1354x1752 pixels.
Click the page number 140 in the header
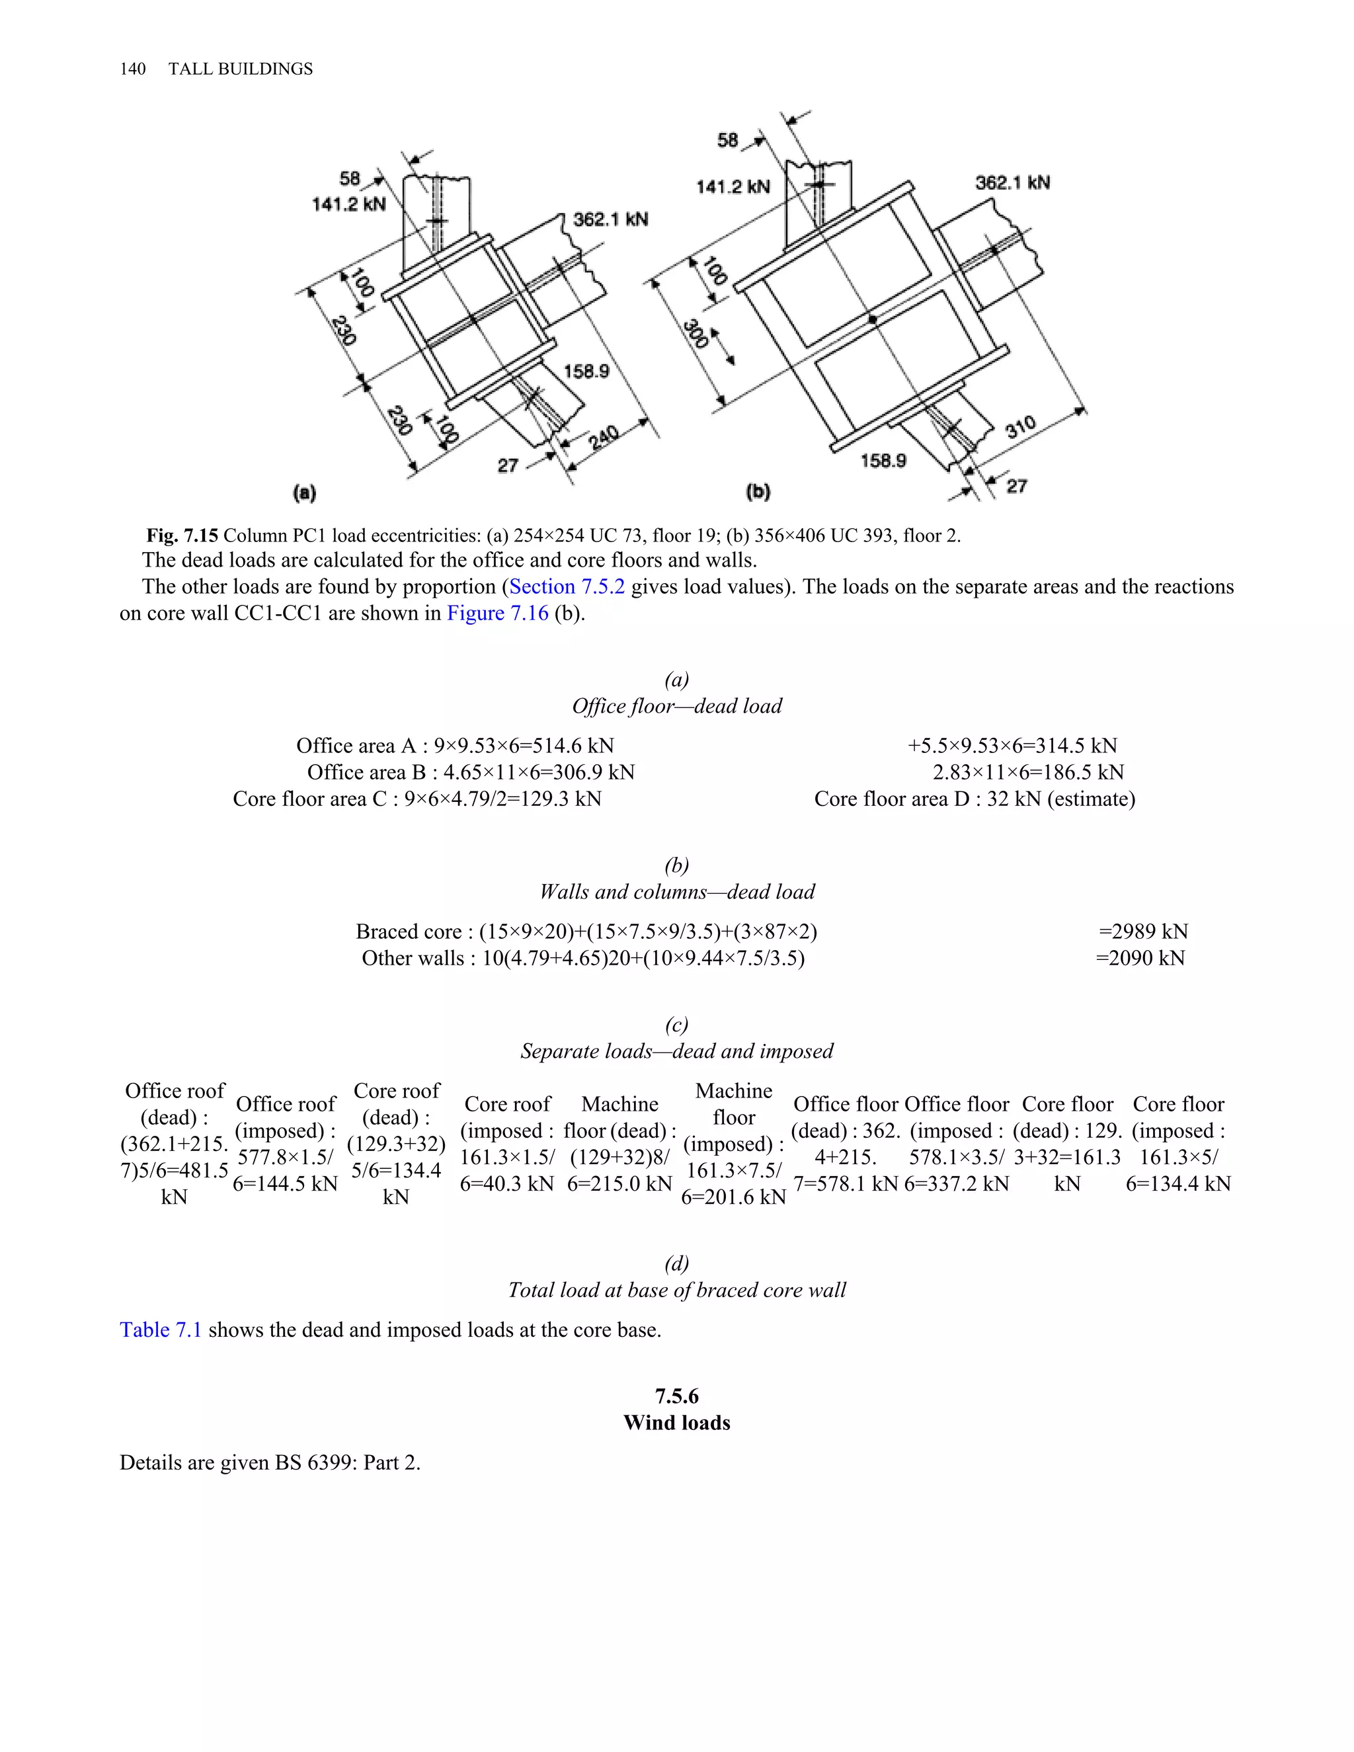132,69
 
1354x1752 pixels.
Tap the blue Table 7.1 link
161,1330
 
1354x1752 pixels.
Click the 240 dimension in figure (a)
603,438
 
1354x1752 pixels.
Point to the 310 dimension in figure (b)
1020,428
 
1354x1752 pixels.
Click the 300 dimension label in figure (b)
696,334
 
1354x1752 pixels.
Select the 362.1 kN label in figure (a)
610,219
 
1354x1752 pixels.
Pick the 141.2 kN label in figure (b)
733,187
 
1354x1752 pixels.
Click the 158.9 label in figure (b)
883,460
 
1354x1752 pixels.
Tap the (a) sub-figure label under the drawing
305,493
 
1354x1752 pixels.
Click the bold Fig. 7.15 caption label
181,535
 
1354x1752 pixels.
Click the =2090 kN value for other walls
1140,958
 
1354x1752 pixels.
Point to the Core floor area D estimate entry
974,799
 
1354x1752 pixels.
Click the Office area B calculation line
471,772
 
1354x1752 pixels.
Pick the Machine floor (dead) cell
619,1143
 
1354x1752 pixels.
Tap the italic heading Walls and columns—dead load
676,891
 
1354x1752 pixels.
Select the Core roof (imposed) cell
507,1143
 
